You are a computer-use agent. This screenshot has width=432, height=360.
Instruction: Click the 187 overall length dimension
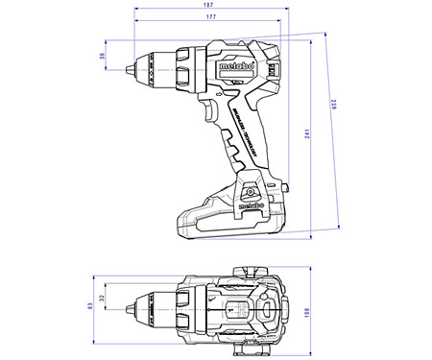208,7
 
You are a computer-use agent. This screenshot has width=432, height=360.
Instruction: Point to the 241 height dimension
305,135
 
